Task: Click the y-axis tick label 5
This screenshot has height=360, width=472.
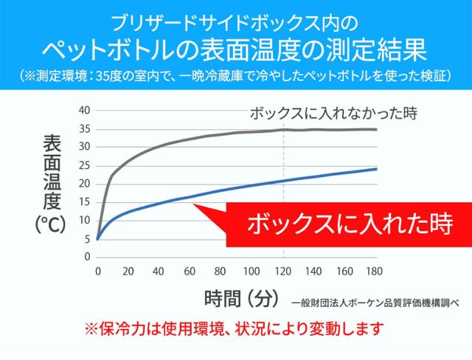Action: point(86,238)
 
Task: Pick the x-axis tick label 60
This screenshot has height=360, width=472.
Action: point(190,271)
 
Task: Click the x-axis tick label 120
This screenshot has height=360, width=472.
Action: point(282,271)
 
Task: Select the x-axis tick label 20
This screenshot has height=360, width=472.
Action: point(128,271)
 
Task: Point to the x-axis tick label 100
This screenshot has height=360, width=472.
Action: point(251,271)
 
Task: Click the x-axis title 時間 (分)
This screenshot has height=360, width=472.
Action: point(240,298)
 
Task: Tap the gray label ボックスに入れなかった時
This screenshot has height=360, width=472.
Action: point(334,114)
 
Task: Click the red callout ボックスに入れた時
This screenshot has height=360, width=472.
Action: point(339,224)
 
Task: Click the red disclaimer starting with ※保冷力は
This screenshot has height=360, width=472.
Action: point(235,327)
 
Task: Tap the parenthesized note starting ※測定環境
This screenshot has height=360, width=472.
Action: point(235,76)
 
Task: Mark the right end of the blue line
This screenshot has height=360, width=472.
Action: point(376,169)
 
